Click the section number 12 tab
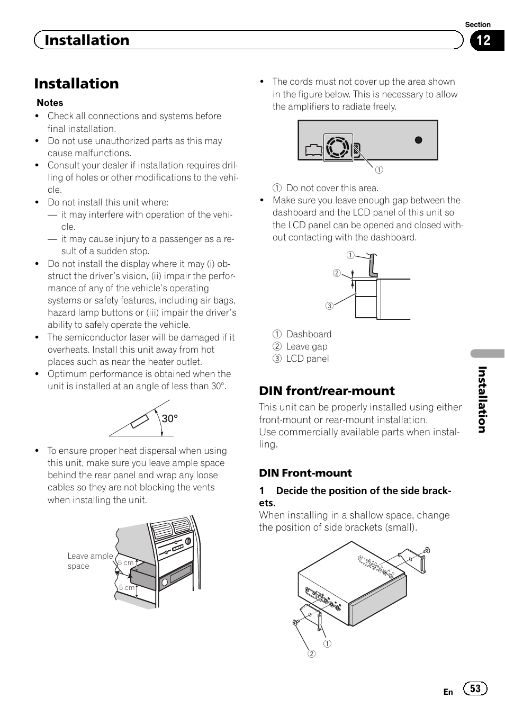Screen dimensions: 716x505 coord(483,40)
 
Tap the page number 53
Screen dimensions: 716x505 coord(475,688)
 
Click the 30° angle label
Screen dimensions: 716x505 coord(170,419)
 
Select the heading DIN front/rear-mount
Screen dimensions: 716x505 coord(327,391)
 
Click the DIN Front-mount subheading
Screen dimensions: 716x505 coord(305,473)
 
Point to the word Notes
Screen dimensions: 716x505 coord(50,103)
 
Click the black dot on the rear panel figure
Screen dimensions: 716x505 coord(418,140)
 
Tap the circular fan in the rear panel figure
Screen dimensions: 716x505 coord(338,148)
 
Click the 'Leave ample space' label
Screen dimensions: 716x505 coord(89,561)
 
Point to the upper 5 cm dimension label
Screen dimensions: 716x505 coord(126,563)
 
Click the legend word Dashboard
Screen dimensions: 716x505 coord(309,334)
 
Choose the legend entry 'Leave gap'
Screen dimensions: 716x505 coord(306,346)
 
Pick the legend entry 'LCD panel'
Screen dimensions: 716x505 coord(308,359)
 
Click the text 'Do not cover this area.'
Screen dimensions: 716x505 coord(332,188)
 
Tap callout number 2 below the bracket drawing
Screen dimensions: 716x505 coord(312,654)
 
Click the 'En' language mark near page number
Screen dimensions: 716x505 coord(448,692)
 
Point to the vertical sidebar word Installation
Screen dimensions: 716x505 coord(482,399)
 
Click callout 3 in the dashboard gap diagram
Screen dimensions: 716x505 coord(329,306)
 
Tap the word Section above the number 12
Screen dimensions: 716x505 coord(477,24)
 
